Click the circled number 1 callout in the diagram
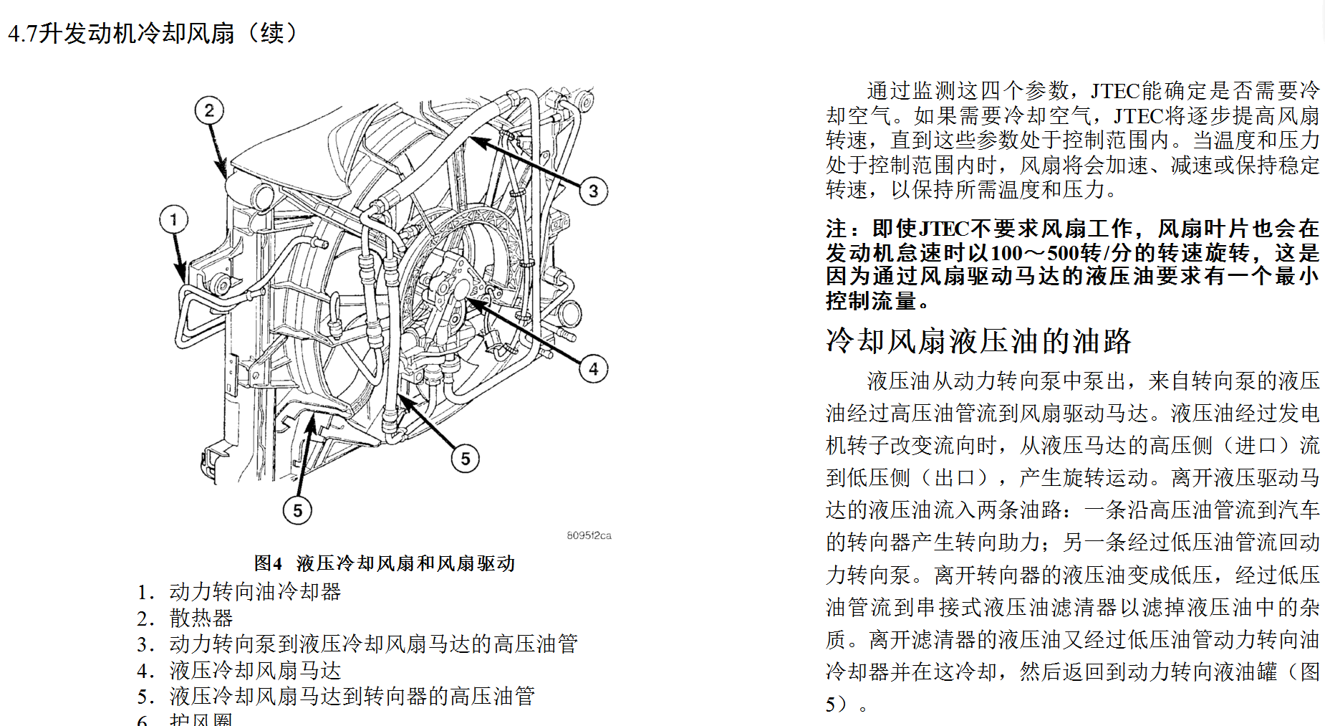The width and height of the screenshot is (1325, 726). point(173,219)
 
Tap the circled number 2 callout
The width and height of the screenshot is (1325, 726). point(209,110)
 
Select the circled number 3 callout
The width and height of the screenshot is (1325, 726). point(593,191)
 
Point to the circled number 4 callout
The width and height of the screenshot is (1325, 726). point(593,369)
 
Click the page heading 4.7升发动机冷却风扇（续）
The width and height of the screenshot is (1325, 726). point(152,33)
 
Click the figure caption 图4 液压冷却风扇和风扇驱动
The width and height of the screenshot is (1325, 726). point(384,563)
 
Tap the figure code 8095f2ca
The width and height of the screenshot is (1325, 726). point(589,535)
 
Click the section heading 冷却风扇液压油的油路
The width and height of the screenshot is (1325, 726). point(978,341)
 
